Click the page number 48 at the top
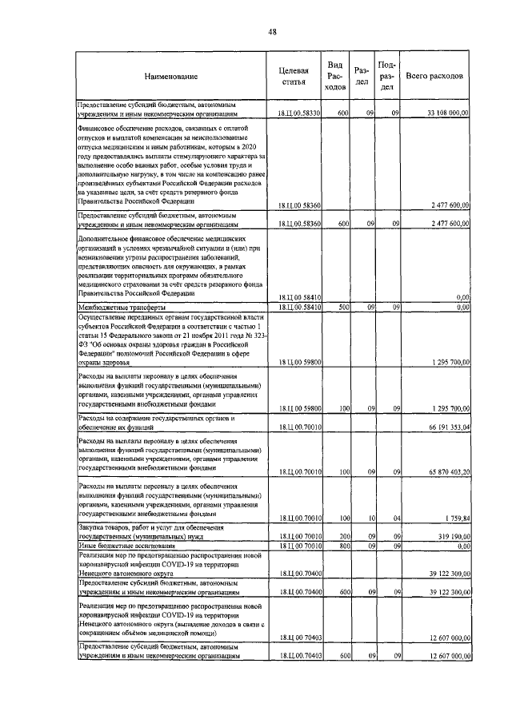pyautogui.click(x=272, y=32)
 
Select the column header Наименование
pyautogui.click(x=171, y=77)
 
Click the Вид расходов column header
pyautogui.click(x=336, y=76)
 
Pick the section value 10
pyautogui.click(x=370, y=518)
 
